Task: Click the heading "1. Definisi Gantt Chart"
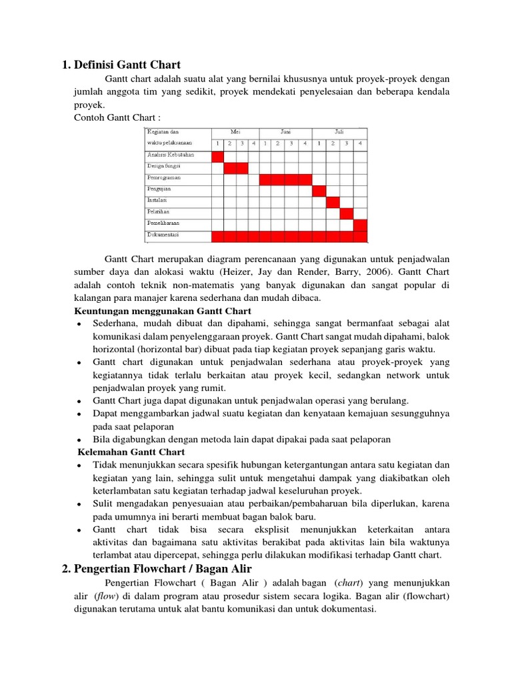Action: pos(121,65)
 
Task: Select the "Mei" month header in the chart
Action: pos(235,132)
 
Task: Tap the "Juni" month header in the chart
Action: pos(286,132)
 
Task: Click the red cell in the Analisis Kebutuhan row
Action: pos(217,156)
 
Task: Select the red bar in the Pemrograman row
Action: pos(286,179)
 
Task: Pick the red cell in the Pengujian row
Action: pos(320,191)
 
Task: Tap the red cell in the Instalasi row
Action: pos(333,202)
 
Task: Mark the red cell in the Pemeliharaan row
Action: pos(360,224)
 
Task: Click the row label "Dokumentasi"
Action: pos(163,235)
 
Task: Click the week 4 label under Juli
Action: pos(360,143)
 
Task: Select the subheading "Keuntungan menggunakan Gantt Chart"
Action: pos(162,311)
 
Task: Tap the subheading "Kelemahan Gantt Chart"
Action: pos(129,452)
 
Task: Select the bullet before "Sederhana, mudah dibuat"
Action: pos(79,324)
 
